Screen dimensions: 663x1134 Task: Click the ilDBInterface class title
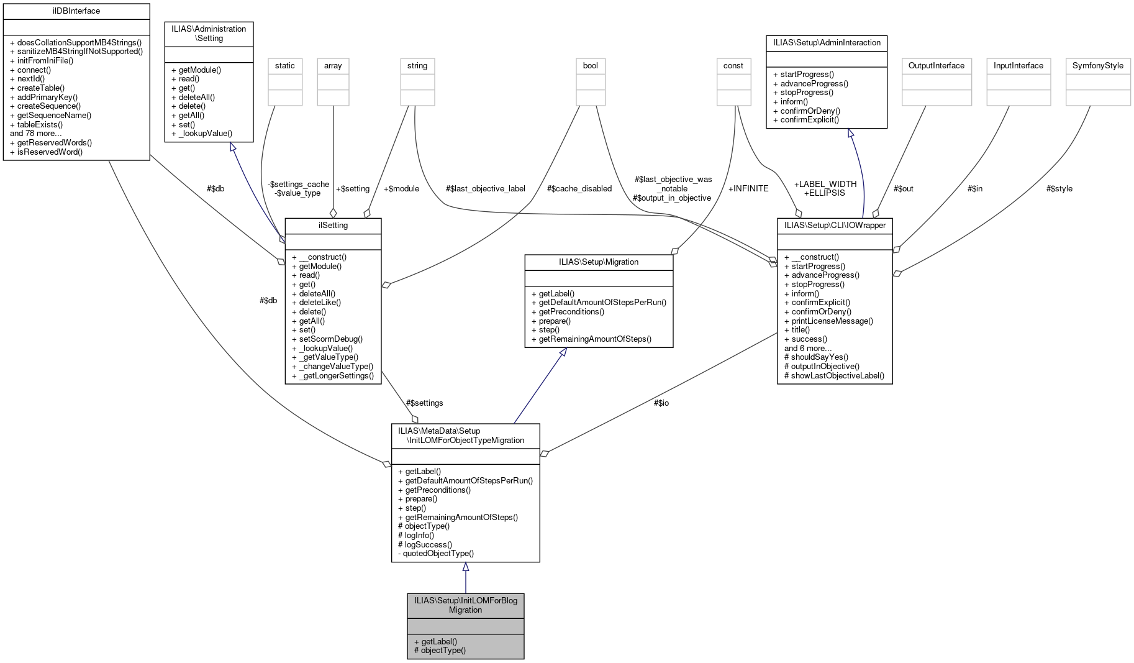tap(76, 11)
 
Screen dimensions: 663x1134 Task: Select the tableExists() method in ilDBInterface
tap(40, 124)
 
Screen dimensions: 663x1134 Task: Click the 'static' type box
tap(285, 66)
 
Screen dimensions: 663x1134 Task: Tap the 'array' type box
tap(333, 66)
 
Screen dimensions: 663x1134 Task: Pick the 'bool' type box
tap(591, 66)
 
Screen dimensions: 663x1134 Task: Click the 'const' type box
tap(733, 66)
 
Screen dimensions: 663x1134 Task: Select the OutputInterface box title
tap(937, 66)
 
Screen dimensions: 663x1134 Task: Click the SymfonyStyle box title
tap(1098, 66)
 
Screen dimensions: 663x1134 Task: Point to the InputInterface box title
tap(1018, 66)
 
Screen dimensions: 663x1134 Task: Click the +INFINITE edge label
tap(748, 188)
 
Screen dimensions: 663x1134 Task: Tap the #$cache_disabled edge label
tap(579, 188)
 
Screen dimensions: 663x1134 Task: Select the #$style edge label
tap(1059, 188)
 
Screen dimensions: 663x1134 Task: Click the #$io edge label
tap(661, 403)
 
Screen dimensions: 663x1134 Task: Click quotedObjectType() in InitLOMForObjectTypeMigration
tap(438, 553)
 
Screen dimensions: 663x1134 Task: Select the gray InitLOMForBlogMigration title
tap(466, 605)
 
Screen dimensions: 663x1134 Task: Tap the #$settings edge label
tap(424, 403)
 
